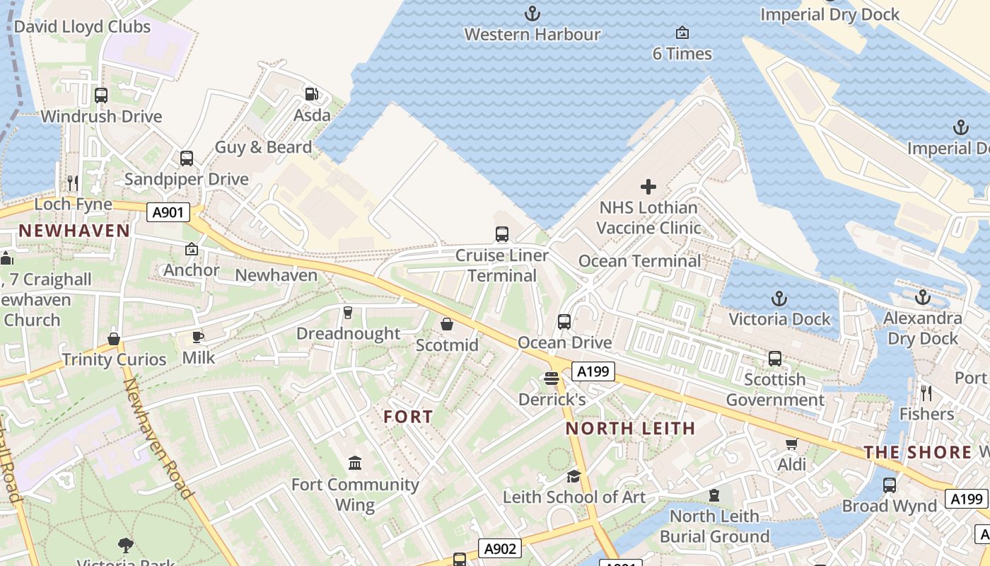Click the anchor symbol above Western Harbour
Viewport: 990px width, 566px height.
point(532,13)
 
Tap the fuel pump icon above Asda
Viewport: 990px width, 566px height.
point(310,93)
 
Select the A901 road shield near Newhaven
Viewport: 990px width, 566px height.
point(168,212)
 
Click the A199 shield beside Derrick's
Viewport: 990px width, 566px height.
point(593,371)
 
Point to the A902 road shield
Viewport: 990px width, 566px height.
point(501,548)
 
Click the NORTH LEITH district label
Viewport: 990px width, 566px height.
point(631,428)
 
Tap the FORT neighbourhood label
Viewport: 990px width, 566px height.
point(408,417)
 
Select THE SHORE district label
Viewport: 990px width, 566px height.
point(918,452)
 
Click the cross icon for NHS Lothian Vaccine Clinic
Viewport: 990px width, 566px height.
point(648,187)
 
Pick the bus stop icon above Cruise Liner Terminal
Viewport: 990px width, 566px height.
point(502,233)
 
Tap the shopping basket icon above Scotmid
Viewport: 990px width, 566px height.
point(447,324)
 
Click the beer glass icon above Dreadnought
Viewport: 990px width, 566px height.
point(347,313)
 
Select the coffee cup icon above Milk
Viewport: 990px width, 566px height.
point(198,337)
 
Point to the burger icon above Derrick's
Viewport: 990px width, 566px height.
point(552,379)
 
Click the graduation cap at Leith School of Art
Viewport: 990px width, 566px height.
point(573,476)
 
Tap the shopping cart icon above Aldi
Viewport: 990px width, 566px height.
point(791,444)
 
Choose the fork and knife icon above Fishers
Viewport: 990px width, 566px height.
point(926,393)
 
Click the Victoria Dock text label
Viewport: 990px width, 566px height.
point(779,319)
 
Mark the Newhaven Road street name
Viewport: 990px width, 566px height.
point(158,438)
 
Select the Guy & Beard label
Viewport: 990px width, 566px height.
point(263,147)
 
